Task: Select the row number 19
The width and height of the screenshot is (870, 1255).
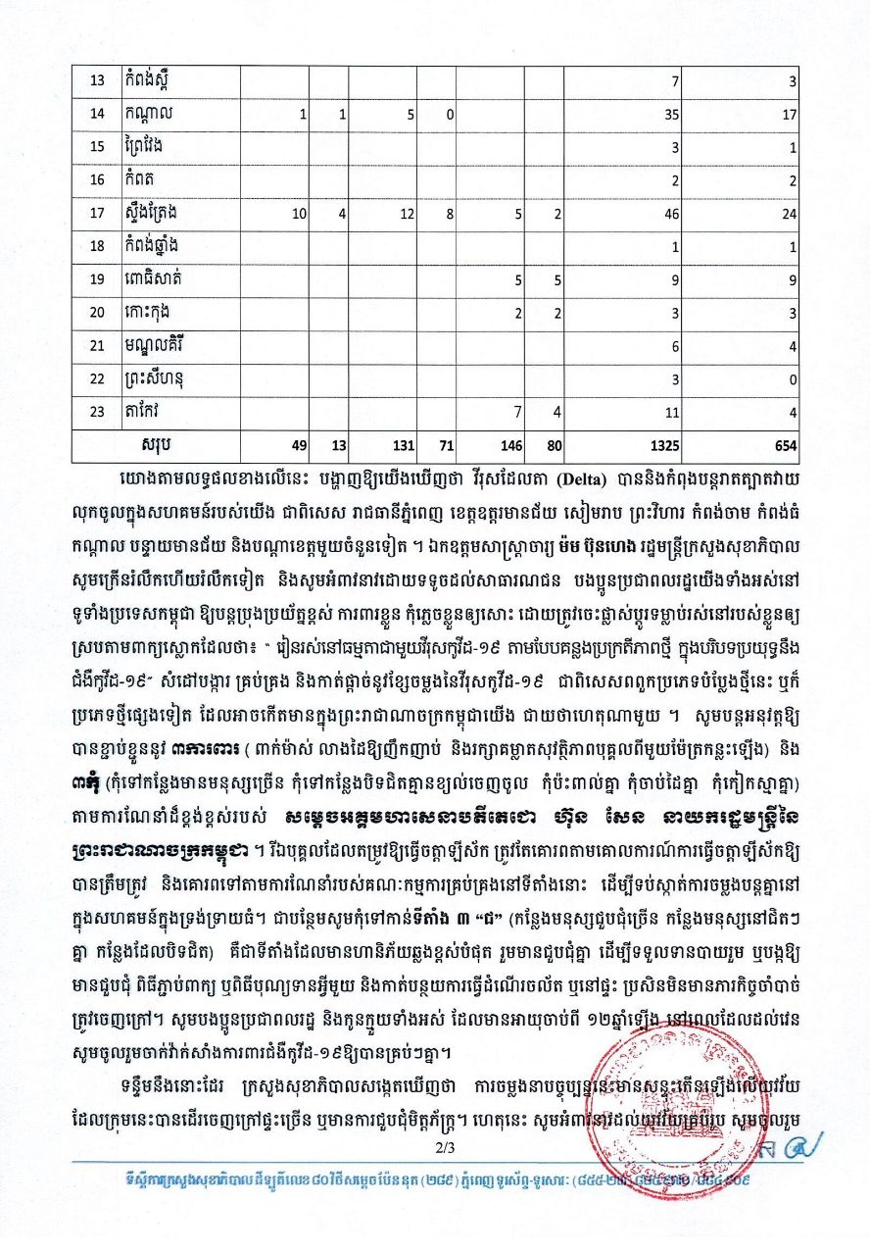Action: point(97,279)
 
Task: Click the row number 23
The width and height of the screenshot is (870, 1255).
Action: point(97,412)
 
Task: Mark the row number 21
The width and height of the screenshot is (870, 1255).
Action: point(97,346)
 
